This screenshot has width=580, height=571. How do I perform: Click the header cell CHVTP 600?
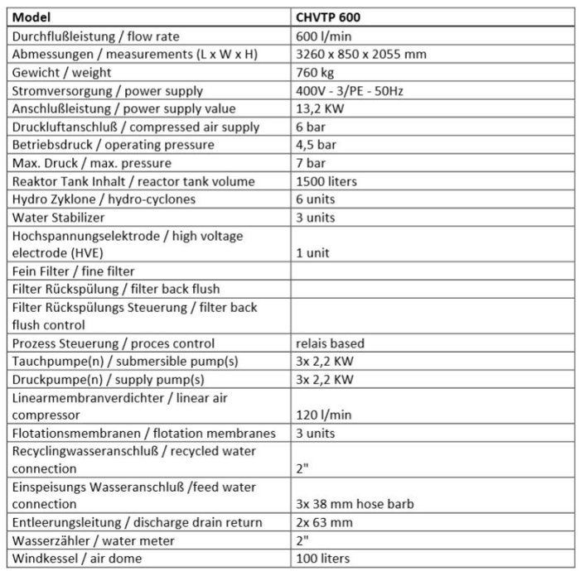point(328,17)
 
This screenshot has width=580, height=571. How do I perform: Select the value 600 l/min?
point(323,36)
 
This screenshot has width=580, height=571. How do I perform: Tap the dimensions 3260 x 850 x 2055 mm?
point(360,55)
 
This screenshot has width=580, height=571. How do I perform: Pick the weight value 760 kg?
point(315,73)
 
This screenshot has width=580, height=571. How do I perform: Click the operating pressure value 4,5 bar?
point(316,145)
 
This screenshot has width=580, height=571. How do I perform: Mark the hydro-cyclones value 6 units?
point(316,199)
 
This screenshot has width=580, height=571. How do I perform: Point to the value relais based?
point(330,343)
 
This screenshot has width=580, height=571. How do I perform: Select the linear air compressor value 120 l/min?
point(323,415)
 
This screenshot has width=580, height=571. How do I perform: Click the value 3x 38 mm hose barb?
point(355,505)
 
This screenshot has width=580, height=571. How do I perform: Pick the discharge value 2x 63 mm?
point(324,522)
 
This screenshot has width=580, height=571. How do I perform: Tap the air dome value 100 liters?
point(322,559)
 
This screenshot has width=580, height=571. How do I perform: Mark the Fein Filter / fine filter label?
point(73,271)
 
